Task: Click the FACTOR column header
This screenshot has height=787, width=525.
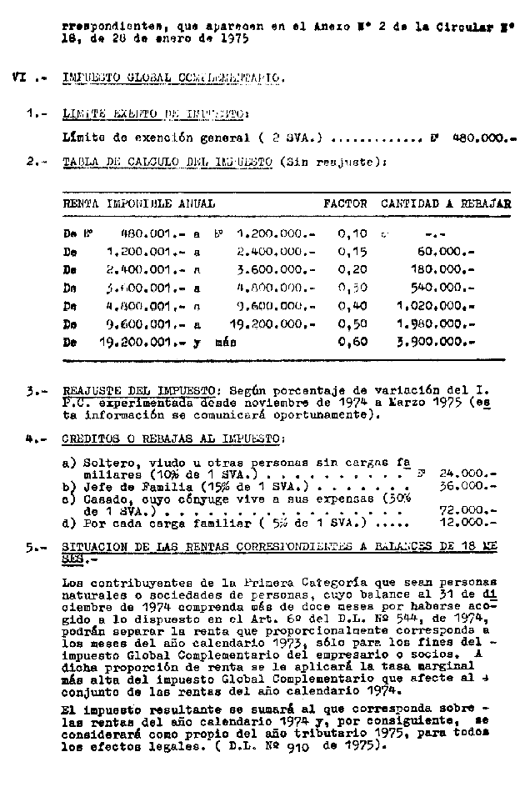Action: point(344,203)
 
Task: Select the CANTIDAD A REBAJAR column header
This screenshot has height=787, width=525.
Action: point(446,203)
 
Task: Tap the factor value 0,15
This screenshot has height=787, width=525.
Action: point(352,250)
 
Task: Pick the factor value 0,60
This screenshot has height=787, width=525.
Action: point(352,342)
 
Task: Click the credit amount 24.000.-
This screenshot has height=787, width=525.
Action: point(469,472)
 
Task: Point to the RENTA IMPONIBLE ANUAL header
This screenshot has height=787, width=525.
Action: point(138,203)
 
